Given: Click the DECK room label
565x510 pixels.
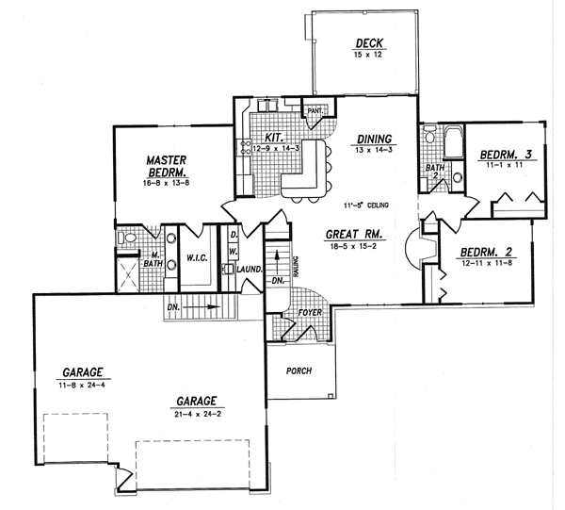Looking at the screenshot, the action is [x=369, y=43].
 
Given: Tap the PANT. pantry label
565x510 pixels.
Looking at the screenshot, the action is [x=315, y=111].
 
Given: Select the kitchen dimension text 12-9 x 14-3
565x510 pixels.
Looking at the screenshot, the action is [x=276, y=148].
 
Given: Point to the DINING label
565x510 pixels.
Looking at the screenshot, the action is [x=374, y=139].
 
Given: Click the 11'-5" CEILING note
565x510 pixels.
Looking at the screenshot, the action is [x=366, y=206].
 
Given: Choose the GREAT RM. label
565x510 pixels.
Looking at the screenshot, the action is [x=353, y=235].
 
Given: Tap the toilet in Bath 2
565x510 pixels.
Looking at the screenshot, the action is [x=429, y=134].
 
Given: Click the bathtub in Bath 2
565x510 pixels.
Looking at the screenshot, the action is [x=453, y=141].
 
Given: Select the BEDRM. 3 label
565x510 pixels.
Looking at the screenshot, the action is [x=506, y=155].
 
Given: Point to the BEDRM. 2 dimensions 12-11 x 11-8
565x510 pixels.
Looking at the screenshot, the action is [x=487, y=263].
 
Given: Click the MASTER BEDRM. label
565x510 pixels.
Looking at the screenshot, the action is [x=167, y=166].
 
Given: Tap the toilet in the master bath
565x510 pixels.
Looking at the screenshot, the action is [x=126, y=238].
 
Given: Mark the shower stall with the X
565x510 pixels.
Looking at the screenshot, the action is [x=127, y=275].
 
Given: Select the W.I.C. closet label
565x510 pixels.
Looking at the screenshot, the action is [x=197, y=258].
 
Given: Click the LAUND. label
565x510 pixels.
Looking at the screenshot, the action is [x=249, y=269].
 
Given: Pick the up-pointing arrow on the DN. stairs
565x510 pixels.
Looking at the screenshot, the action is [x=277, y=259].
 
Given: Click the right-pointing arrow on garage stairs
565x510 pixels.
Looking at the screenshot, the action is [x=202, y=307].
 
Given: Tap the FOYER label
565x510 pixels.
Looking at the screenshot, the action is [x=310, y=312].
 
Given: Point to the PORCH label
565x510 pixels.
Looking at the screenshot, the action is [x=299, y=370].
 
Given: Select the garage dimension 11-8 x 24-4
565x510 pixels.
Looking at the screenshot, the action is [x=82, y=385].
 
